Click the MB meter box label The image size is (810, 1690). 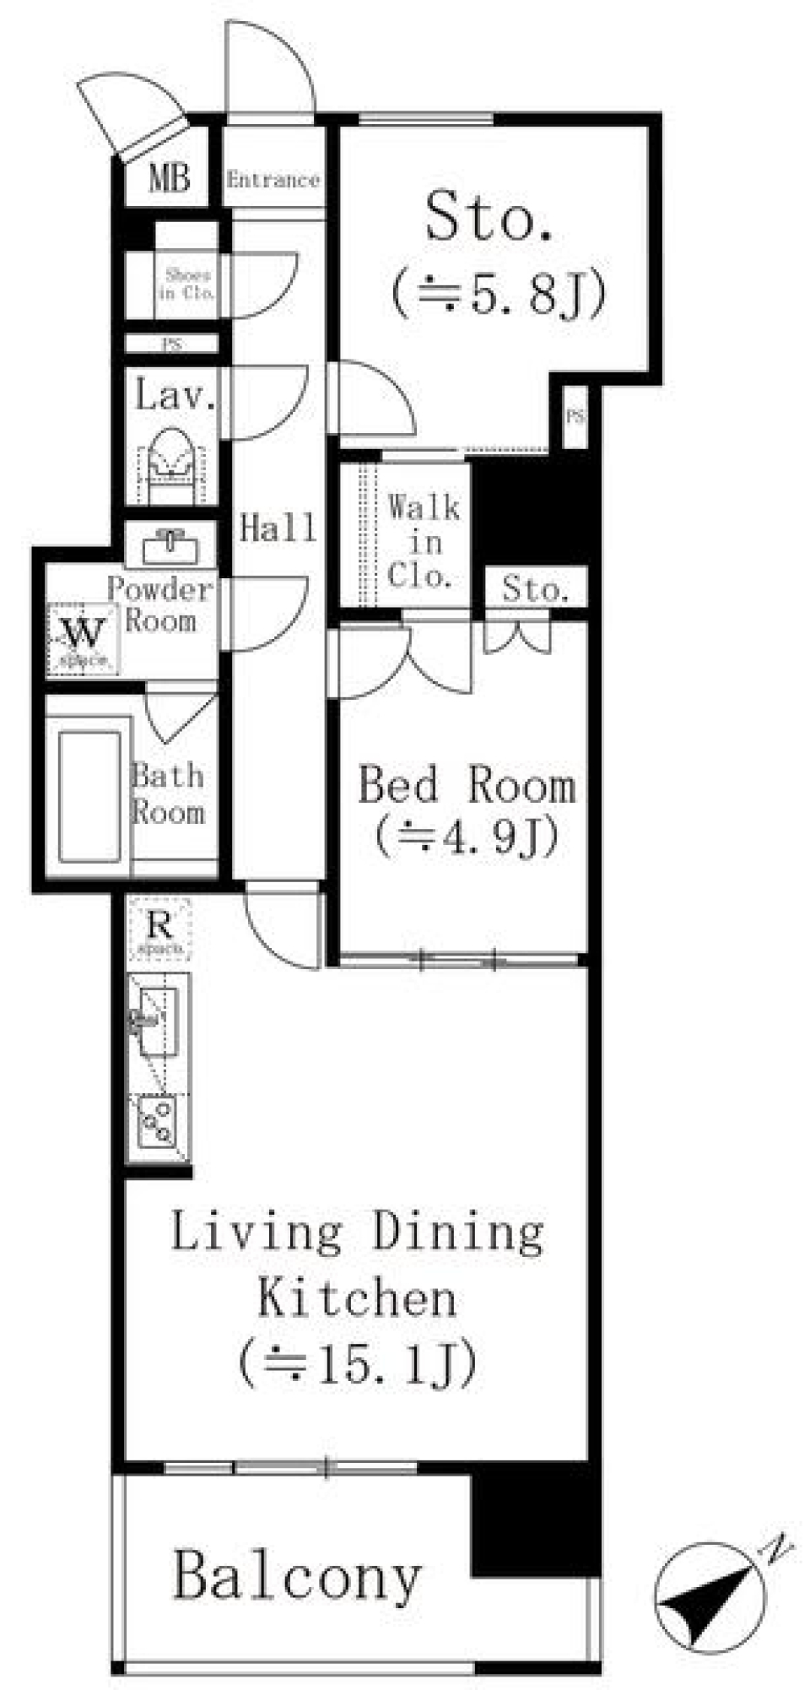point(169,178)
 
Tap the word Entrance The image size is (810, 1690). point(273,180)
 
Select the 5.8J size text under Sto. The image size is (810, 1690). point(498,296)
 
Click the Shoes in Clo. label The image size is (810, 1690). point(186,284)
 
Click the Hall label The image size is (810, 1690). point(278,528)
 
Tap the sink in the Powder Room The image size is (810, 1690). point(171,548)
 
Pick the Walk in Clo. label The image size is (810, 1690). point(424,542)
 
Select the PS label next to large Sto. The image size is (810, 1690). point(575,416)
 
